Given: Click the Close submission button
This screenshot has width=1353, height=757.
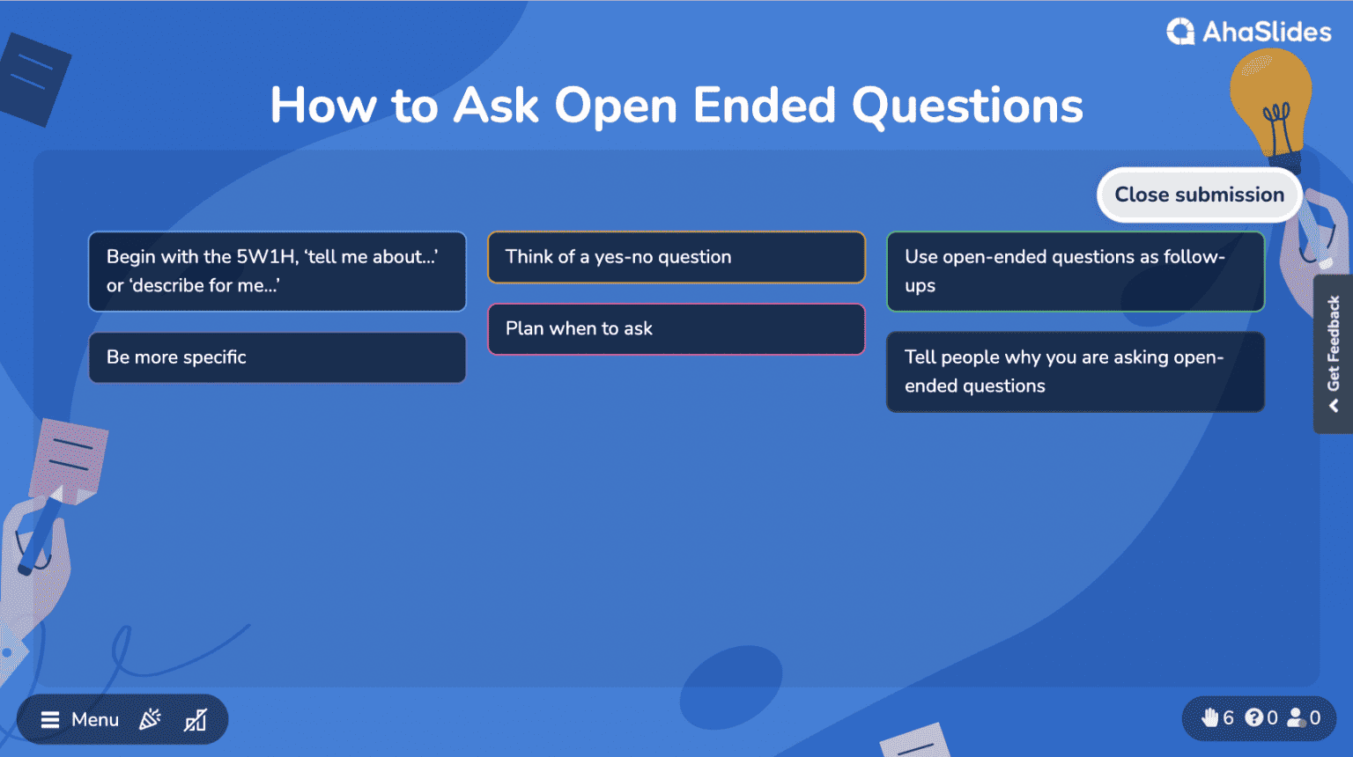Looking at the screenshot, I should pyautogui.click(x=1199, y=195).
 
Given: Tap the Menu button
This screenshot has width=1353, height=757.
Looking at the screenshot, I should pyautogui.click(x=81, y=720).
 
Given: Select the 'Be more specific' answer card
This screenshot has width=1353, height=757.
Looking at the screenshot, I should pyautogui.click(x=277, y=357).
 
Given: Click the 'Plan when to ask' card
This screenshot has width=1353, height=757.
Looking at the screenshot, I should pyautogui.click(x=676, y=329).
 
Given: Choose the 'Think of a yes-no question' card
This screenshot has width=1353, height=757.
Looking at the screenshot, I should pyautogui.click(x=676, y=257).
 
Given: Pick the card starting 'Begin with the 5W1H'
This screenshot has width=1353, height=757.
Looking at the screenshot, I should pyautogui.click(x=277, y=271).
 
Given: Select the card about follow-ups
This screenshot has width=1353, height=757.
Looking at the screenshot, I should pyautogui.click(x=1075, y=271).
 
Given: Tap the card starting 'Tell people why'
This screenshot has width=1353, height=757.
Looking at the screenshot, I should pyautogui.click(x=1075, y=371).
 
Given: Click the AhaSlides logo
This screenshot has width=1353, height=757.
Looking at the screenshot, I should pyautogui.click(x=1249, y=33).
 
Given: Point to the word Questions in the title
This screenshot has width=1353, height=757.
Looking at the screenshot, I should pyautogui.click(x=967, y=107).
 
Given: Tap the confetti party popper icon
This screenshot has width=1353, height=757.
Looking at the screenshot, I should pyautogui.click(x=151, y=719).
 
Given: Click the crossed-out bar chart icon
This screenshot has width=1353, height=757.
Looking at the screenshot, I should pyautogui.click(x=196, y=720).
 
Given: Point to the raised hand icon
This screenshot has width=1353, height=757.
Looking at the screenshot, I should pyautogui.click(x=1210, y=717).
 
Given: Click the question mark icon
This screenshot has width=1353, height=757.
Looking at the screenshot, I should pyautogui.click(x=1254, y=717).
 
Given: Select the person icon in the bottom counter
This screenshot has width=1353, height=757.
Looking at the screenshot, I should pyautogui.click(x=1297, y=717).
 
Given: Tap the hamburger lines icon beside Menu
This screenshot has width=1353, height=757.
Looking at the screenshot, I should pyautogui.click(x=50, y=720).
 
